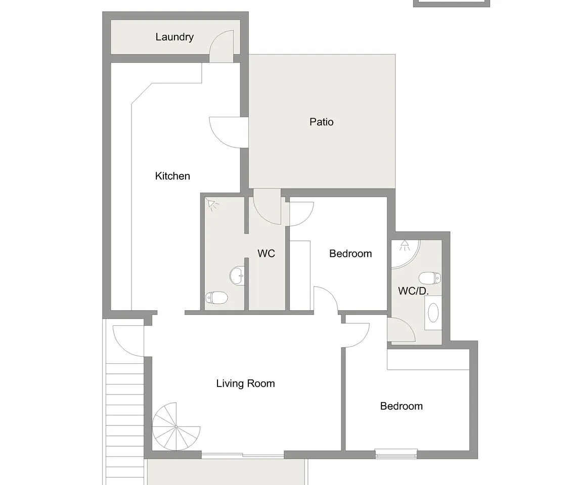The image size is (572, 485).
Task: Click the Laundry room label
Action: (174, 37)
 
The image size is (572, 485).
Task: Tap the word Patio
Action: (321, 122)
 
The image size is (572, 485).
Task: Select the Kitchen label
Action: (172, 176)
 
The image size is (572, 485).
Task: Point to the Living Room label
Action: (245, 383)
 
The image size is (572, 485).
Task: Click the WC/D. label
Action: (413, 291)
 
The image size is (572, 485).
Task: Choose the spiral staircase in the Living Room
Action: (176, 426)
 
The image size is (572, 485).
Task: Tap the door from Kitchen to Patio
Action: (229, 132)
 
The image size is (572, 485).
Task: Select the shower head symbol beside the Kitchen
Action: (212, 204)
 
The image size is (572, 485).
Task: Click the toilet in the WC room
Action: (216, 298)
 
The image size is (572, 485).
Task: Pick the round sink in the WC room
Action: (238, 276)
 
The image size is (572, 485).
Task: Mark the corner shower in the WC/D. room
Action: (405, 254)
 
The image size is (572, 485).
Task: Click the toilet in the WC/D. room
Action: (430, 278)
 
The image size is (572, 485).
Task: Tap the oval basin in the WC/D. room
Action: (433, 313)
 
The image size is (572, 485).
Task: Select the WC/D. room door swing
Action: (401, 329)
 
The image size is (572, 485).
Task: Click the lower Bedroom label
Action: (401, 406)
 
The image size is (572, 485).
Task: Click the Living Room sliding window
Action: (243, 455)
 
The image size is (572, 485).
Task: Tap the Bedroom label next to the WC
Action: (350, 254)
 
